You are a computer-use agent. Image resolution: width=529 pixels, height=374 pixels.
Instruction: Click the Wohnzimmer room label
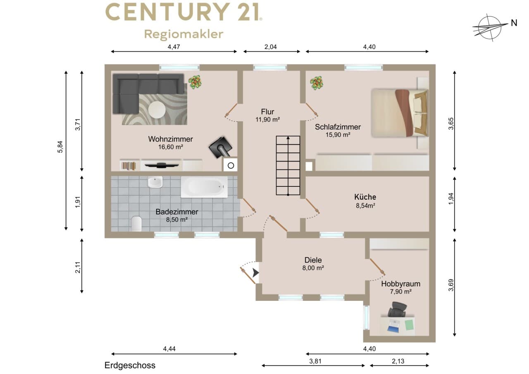(x=171, y=139)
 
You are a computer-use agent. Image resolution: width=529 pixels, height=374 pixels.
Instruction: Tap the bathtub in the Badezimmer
(x=204, y=187)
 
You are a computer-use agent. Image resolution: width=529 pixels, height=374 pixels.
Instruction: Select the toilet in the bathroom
(x=136, y=223)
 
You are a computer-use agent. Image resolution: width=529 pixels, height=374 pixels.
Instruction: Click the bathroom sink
(x=155, y=183)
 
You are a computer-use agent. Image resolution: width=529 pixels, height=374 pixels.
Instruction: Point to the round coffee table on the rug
(x=157, y=110)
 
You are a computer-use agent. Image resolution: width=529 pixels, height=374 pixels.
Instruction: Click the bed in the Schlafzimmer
(x=400, y=113)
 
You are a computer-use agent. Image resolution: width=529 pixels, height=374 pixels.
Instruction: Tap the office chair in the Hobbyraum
(x=398, y=309)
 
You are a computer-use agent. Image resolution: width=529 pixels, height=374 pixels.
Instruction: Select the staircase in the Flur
(x=288, y=166)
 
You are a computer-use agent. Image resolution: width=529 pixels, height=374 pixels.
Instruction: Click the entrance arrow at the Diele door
(x=255, y=273)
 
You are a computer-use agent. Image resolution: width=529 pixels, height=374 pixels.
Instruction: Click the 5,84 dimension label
(x=60, y=147)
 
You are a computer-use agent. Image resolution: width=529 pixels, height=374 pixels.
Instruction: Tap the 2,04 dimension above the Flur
(x=270, y=47)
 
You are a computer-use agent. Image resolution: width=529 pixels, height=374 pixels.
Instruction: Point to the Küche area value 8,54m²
(x=366, y=205)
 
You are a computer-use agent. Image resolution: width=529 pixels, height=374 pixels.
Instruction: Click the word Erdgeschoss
(x=130, y=365)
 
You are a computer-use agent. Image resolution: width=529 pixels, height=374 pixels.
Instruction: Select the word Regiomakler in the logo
(x=184, y=34)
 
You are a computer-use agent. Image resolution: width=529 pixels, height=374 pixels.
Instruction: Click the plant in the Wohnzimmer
(x=195, y=82)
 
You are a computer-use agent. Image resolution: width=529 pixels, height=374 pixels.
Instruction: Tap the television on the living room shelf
(x=162, y=165)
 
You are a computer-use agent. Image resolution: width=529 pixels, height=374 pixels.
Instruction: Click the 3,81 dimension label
(x=315, y=361)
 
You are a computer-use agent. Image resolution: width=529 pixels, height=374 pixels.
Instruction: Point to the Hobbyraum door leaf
(x=378, y=267)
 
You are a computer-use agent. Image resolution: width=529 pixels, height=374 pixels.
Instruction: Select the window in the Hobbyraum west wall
(x=366, y=317)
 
